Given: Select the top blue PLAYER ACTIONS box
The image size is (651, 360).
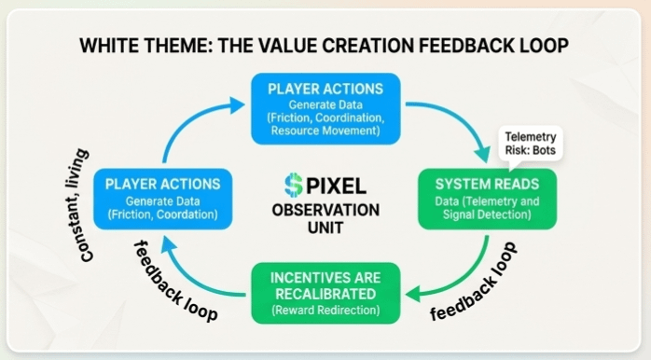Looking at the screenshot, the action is click(325, 109).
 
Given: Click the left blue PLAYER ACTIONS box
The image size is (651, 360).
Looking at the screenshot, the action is click(162, 199).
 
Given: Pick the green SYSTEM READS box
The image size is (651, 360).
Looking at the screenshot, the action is click(487, 199).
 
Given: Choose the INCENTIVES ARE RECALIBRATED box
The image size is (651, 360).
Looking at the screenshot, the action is click(325, 293).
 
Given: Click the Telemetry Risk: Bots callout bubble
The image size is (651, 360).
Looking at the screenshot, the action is click(530, 144).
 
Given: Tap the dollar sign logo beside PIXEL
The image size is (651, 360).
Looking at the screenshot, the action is click(294, 186).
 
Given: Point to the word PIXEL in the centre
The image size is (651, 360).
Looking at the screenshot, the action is click(337, 186).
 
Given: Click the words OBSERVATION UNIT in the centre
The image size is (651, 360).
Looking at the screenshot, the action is click(325, 219).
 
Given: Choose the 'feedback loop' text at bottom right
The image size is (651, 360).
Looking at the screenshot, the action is click(474, 282).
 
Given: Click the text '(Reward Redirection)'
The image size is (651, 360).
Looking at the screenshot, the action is click(325, 311).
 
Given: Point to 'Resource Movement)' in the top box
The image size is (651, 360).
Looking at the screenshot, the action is click(325, 131).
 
